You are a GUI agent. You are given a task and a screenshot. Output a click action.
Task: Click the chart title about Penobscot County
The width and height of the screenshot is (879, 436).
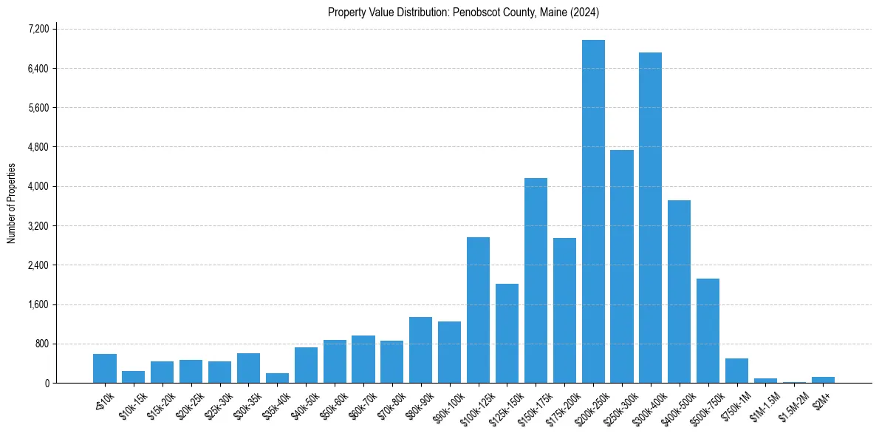tap(463, 13)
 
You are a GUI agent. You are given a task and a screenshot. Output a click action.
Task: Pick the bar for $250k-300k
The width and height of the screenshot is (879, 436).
tap(622, 267)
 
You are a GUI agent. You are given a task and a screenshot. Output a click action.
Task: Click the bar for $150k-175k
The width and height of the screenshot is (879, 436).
tap(536, 281)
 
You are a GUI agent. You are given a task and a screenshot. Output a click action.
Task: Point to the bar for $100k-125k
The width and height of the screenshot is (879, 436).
tap(478, 310)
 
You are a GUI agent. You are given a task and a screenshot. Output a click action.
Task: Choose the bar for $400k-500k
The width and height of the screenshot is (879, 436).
tap(679, 292)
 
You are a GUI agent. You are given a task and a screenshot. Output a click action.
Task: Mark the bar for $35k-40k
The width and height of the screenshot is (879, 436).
tap(277, 378)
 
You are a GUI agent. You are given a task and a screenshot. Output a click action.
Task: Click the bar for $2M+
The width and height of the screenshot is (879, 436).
tap(823, 380)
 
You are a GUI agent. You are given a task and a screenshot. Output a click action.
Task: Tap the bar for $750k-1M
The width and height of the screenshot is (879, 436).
tap(736, 371)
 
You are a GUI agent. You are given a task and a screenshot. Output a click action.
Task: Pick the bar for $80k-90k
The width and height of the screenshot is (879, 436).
tap(420, 350)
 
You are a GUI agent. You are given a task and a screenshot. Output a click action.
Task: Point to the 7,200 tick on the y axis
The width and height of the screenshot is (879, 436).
tap(38, 29)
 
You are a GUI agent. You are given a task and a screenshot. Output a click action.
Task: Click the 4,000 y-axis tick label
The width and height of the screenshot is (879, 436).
tap(38, 186)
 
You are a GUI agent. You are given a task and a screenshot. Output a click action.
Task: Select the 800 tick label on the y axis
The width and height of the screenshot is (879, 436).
tap(41, 344)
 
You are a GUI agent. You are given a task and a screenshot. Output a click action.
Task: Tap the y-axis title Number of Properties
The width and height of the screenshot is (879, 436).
tap(11, 203)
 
